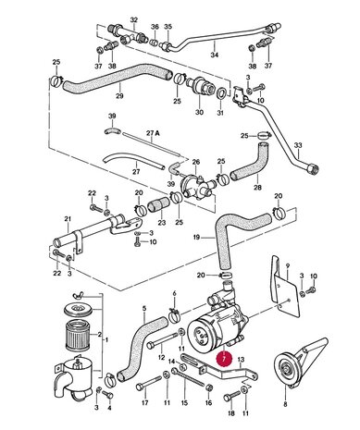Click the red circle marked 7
coord(224,358)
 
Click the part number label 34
coord(215,55)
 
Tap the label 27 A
coord(153,133)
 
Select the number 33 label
coord(298,145)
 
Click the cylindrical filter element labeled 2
coord(80,335)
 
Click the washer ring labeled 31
coord(221,93)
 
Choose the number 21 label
coord(68,219)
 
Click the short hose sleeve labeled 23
coord(158,206)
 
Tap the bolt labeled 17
coord(148,383)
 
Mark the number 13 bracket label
coord(241,359)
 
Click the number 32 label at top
coord(133,20)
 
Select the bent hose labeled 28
coord(250,162)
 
